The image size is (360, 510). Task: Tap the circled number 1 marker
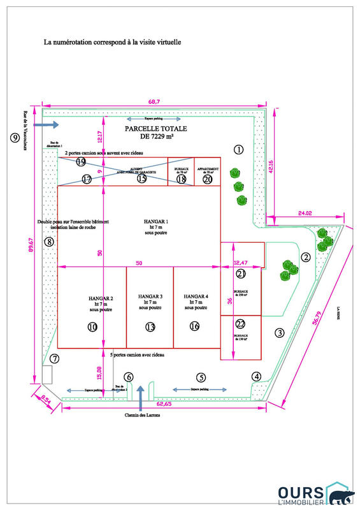[239, 150]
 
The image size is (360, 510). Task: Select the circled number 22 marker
[240, 323]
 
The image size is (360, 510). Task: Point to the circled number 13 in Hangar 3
[150, 327]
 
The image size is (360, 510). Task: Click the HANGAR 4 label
[196, 302]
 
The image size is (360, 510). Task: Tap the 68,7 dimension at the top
[153, 101]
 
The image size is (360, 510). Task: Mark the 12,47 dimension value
[240, 263]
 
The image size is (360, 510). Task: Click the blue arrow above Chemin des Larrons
[141, 396]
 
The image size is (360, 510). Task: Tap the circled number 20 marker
[207, 179]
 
